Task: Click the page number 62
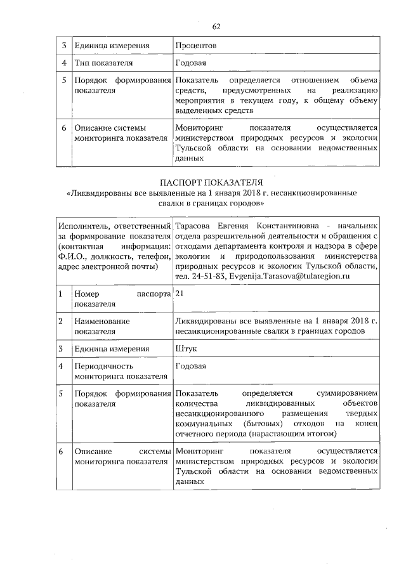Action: (x=216, y=26)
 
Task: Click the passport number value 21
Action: (x=180, y=295)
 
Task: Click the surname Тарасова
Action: (x=195, y=226)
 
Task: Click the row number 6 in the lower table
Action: (x=60, y=451)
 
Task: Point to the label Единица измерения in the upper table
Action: (x=112, y=46)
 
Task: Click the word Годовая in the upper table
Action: (x=191, y=64)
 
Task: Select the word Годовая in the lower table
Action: (x=191, y=367)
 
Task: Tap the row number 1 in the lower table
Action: (x=60, y=295)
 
